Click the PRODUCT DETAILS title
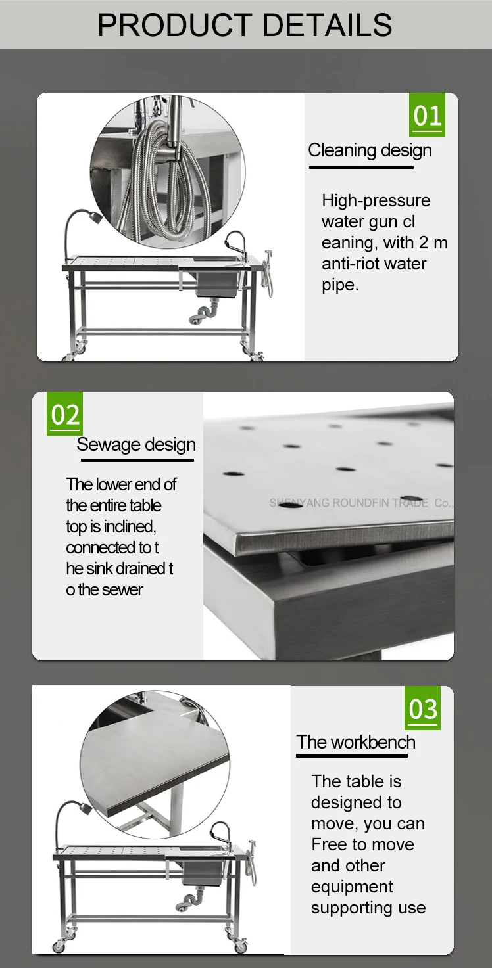pos(245,25)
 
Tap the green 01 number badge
pos(427,115)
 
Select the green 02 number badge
pos(64,414)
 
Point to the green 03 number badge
pos(422,708)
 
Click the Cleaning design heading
pos(370,150)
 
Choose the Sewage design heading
pos(136,445)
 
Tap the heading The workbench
pos(356,743)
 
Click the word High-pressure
pos(376,200)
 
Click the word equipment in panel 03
pos(352,887)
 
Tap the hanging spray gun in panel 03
pos(251,854)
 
